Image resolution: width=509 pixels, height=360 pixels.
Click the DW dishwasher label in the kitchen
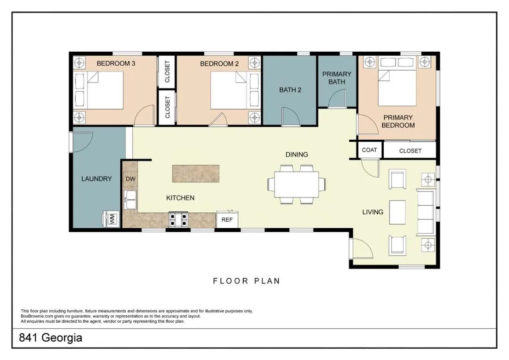click(131, 179)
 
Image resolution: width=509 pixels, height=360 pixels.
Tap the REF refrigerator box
click(227, 220)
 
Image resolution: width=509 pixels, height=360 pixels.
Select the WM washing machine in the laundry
click(112, 218)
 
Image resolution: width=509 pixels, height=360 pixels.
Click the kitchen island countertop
click(196, 174)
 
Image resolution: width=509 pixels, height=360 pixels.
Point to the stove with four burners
click(178, 219)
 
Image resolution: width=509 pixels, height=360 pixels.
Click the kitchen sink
click(130, 199)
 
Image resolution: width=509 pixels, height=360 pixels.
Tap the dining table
click(296, 184)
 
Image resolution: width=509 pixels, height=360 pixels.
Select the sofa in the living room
click(425, 212)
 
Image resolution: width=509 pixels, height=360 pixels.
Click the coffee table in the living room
click(397, 212)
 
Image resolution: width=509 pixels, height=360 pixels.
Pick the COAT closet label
click(369, 150)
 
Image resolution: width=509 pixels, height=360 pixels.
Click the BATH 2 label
click(290, 90)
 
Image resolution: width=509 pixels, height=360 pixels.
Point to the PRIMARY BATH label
click(337, 78)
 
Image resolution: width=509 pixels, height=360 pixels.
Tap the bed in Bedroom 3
click(99, 90)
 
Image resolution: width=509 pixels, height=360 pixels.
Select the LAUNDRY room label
click(96, 179)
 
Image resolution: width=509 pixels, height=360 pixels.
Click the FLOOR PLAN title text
click(247, 281)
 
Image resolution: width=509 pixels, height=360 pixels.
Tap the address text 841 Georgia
click(51, 338)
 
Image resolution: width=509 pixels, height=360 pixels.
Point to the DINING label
click(297, 155)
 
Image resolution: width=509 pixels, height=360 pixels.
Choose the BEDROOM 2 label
click(219, 64)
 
